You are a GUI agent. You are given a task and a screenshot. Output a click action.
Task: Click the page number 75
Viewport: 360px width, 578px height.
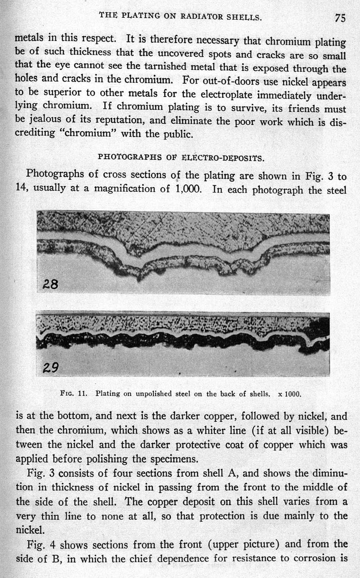[x=339, y=18]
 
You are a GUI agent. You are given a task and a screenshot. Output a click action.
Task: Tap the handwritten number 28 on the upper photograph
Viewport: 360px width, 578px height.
[x=51, y=284]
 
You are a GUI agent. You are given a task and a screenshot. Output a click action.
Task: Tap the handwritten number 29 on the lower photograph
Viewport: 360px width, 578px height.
[x=51, y=368]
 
